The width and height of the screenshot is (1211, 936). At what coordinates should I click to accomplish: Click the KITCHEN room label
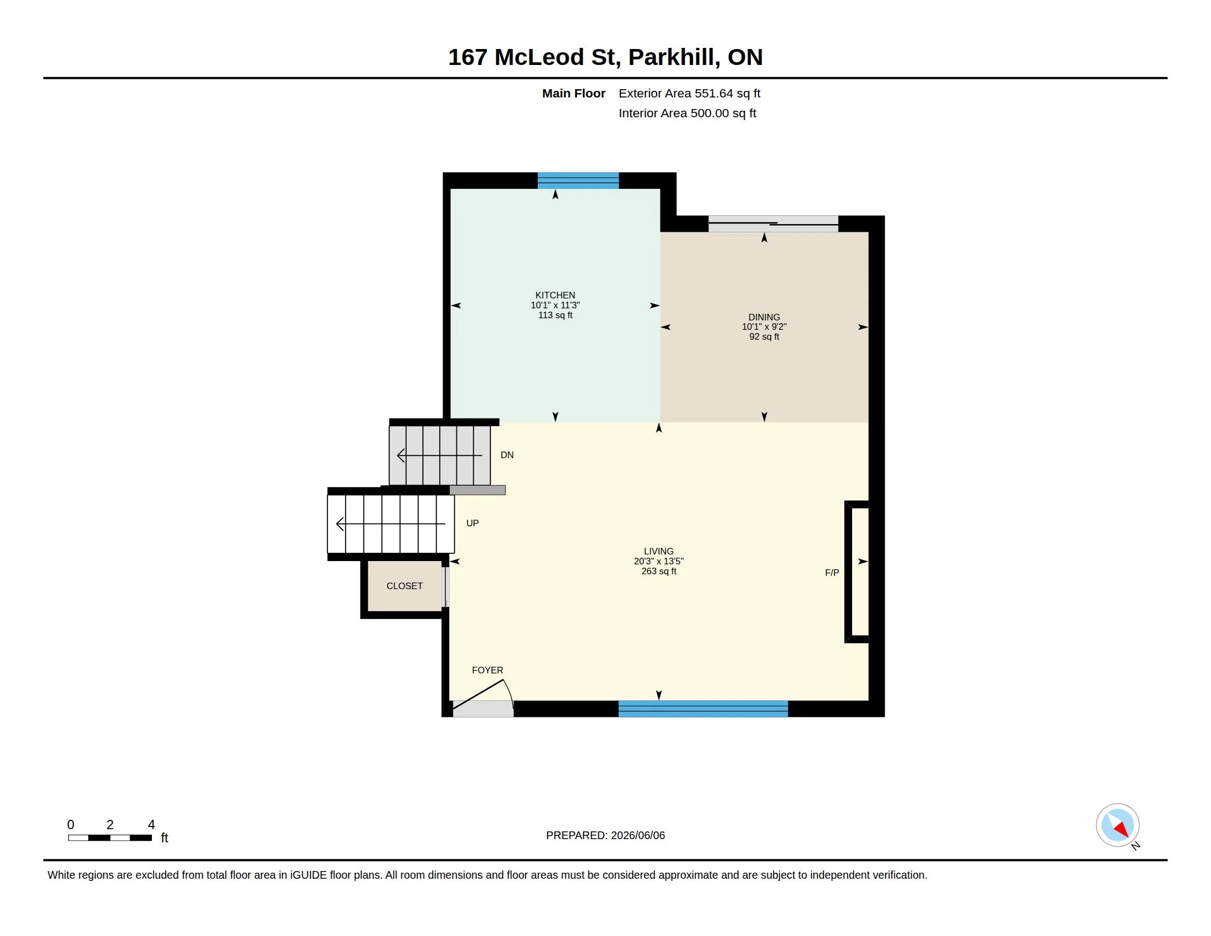[555, 295]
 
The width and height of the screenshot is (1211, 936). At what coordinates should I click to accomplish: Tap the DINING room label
[764, 317]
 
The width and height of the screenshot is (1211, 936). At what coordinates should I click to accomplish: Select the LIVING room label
[659, 551]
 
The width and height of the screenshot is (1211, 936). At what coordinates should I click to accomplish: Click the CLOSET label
[405, 586]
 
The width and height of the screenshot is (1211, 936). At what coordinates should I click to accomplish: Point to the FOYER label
[487, 670]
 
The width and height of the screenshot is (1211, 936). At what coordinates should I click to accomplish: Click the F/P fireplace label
[832, 573]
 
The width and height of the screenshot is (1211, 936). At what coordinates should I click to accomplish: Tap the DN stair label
[507, 455]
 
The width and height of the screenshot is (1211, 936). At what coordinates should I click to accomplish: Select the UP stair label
[472, 523]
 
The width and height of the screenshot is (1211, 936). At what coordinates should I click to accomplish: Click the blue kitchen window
[578, 181]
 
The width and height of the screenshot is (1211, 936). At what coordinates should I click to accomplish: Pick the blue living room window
[703, 709]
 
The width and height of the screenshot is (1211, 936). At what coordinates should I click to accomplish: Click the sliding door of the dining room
[773, 224]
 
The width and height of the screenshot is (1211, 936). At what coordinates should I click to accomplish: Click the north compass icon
[1118, 826]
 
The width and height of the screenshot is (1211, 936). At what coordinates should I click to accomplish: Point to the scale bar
[110, 837]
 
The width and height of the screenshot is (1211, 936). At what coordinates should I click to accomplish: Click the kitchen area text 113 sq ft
[555, 315]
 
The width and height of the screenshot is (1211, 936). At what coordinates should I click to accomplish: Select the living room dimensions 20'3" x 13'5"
[659, 561]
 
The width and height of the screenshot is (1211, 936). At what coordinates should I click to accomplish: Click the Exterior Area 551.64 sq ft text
[689, 93]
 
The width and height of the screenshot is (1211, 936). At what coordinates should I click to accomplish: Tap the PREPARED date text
[605, 835]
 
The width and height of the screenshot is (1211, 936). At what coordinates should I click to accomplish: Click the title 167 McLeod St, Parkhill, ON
[605, 57]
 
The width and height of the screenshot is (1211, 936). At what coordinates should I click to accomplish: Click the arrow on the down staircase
[440, 456]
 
